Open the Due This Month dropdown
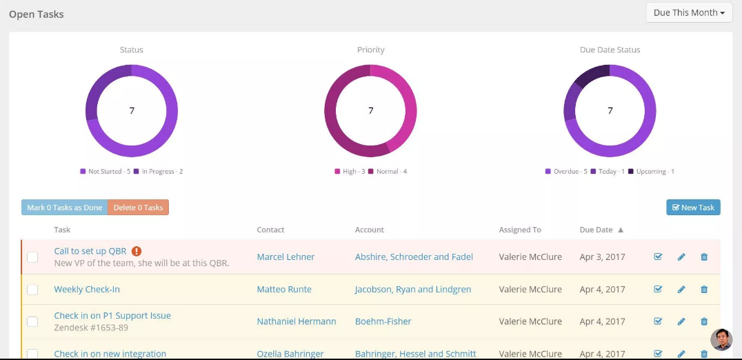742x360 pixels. pyautogui.click(x=688, y=12)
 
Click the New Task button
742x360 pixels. pyautogui.click(x=693, y=208)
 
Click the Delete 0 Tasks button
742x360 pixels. pyautogui.click(x=138, y=208)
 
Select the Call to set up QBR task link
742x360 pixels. pyautogui.click(x=90, y=251)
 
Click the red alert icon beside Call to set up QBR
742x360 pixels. pyautogui.click(x=137, y=251)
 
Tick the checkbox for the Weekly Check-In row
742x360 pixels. pyautogui.click(x=32, y=290)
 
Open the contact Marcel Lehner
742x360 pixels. pyautogui.click(x=285, y=257)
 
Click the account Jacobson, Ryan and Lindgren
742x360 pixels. pyautogui.click(x=413, y=290)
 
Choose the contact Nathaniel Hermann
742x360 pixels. pyautogui.click(x=297, y=321)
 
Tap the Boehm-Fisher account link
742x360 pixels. pyautogui.click(x=384, y=321)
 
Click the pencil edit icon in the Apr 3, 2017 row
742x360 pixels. pyautogui.click(x=681, y=257)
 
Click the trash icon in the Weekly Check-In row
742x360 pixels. pyautogui.click(x=704, y=290)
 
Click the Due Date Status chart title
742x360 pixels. pyautogui.click(x=610, y=50)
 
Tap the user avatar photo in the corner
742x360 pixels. pyautogui.click(x=721, y=339)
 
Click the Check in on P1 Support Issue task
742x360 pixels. pyautogui.click(x=112, y=316)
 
